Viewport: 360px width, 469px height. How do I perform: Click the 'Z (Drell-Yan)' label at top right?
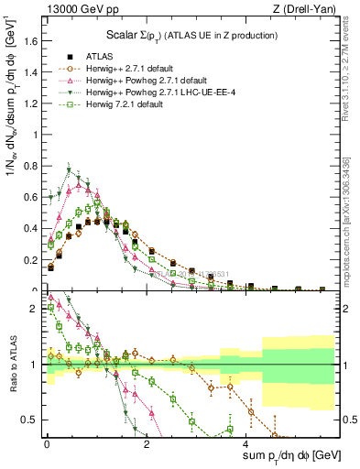302,10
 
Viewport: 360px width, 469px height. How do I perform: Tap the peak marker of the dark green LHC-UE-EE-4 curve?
69,170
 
